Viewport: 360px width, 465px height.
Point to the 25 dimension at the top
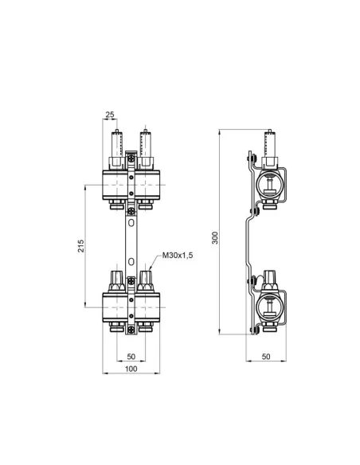click(x=109, y=115)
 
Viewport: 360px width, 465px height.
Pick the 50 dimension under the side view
click(x=266, y=355)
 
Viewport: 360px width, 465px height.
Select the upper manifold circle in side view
click(x=269, y=185)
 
